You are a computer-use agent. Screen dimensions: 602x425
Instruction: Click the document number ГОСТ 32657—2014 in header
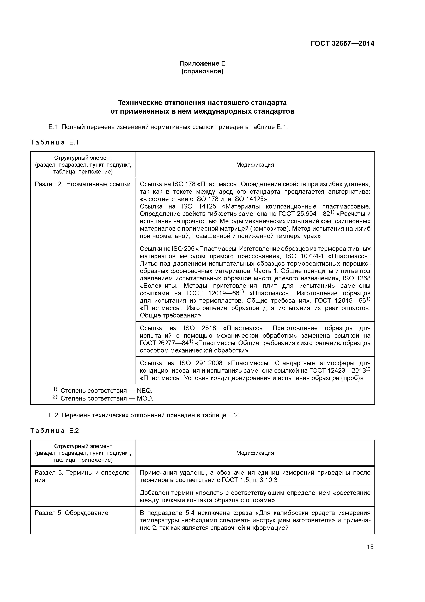tap(342, 44)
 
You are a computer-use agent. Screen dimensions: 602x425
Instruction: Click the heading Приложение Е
tap(202, 63)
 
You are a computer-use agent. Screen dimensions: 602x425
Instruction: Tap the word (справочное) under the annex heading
tap(202, 71)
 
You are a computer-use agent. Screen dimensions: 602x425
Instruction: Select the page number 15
tap(370, 547)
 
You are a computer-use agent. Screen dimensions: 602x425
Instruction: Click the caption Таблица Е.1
tap(54, 142)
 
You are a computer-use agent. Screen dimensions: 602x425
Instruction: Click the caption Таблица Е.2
tap(54, 431)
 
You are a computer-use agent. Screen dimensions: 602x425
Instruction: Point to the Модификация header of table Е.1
tap(255, 165)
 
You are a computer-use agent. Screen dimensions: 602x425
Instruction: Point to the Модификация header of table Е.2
tap(255, 453)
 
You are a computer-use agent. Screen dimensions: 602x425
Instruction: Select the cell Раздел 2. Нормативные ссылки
tap(82, 184)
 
